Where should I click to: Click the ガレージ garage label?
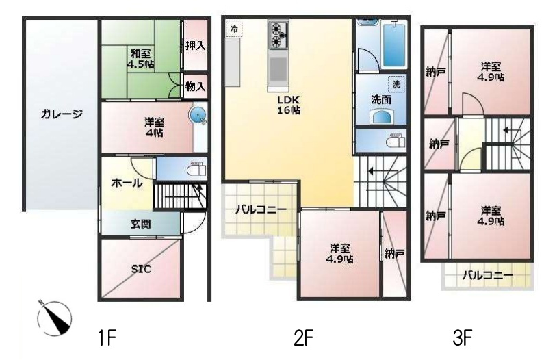click(x=61, y=114)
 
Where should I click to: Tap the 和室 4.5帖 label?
click(x=141, y=59)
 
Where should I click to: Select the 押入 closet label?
click(x=196, y=45)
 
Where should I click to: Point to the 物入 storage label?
click(x=196, y=86)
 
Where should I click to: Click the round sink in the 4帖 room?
click(x=198, y=115)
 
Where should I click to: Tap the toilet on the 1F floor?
click(x=197, y=168)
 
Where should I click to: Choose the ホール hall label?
click(x=127, y=183)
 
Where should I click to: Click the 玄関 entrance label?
click(x=141, y=224)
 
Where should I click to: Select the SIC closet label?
click(x=141, y=269)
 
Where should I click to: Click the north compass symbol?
click(x=54, y=318)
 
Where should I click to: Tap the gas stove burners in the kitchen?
click(x=278, y=35)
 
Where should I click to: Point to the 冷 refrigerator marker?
click(x=234, y=29)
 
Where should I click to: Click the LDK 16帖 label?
click(x=289, y=105)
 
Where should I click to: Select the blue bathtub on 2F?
click(x=394, y=44)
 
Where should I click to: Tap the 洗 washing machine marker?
click(x=396, y=85)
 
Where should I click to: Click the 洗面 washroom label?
click(x=381, y=100)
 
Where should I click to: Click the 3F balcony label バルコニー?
click(x=488, y=275)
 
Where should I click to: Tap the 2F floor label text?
click(x=303, y=338)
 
